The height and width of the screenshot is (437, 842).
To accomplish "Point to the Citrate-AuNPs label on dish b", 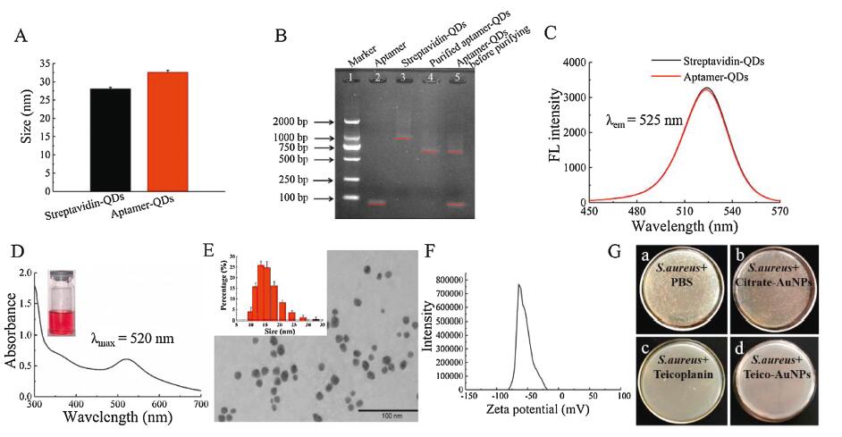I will tap(776, 276).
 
